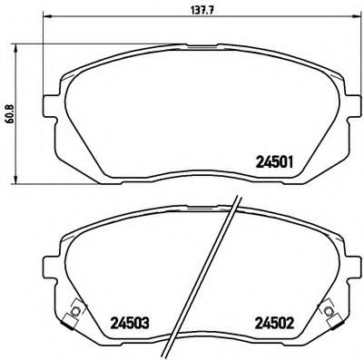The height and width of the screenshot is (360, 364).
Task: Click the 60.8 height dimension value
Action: click(x=10, y=116)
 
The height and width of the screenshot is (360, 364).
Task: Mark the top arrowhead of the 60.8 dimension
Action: click(x=21, y=45)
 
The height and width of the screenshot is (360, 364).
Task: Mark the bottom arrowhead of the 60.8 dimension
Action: click(x=21, y=187)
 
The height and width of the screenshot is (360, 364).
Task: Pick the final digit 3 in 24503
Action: click(x=144, y=320)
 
